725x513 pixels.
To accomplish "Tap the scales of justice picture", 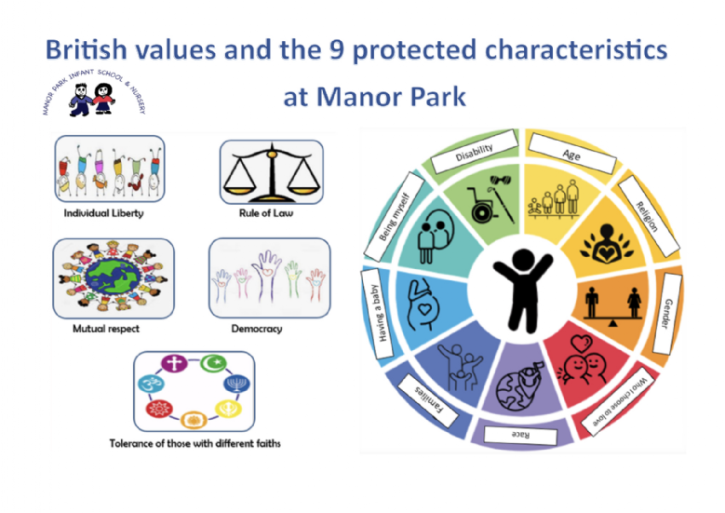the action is coord(272,172).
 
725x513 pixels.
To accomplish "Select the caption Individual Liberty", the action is coord(103,213).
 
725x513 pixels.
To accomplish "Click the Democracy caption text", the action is coord(257,329).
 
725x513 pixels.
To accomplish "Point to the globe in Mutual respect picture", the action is coord(113,277).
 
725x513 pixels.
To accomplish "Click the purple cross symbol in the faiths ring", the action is coord(174,363).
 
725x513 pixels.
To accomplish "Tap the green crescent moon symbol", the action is coord(214,363).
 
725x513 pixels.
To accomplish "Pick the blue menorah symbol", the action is coord(236,384).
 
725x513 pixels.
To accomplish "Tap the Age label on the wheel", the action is coord(572,154).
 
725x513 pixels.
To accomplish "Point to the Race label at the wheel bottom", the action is coord(520,436).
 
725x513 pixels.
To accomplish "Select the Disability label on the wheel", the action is coord(474,152).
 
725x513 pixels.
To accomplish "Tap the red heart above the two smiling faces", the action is coord(582,344).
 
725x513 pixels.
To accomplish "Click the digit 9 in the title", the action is coord(337,49).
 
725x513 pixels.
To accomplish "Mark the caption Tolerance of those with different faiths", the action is coord(195,443).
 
